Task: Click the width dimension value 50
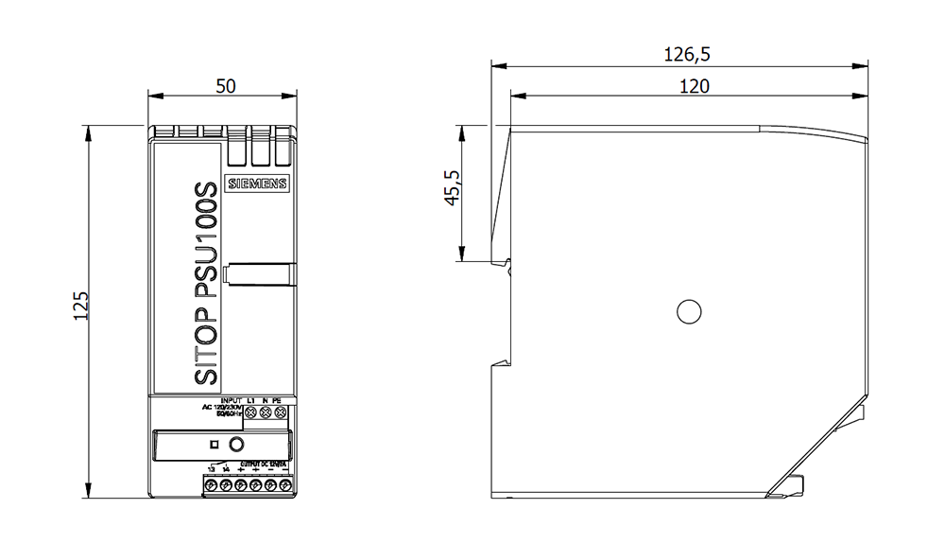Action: pos(225,85)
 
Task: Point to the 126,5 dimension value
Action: pos(687,56)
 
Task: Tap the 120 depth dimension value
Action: pos(694,86)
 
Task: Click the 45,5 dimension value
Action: pos(452,187)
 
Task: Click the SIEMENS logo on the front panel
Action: pos(256,185)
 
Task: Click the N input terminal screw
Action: pos(266,412)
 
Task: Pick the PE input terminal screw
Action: pos(280,412)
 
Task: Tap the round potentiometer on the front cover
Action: pos(237,443)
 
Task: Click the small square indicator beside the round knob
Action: pos(215,444)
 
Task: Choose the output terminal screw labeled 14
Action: pos(226,484)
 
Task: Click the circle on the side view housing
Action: pos(689,310)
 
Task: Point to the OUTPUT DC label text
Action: pos(262,464)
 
